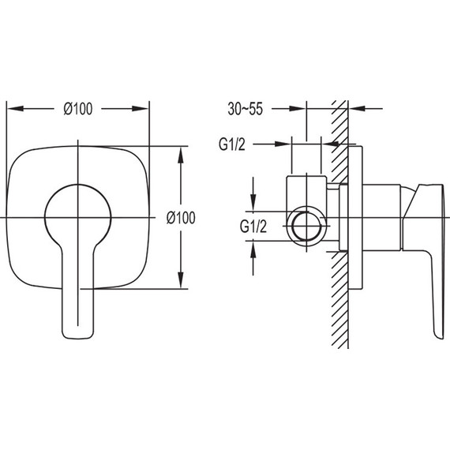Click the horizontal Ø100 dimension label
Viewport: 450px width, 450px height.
pos(78,109)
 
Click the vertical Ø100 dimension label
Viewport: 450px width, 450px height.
pos(181,218)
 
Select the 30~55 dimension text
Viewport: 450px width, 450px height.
pos(245,109)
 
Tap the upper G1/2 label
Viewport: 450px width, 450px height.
pos(232,144)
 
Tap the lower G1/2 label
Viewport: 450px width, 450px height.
pos(253,226)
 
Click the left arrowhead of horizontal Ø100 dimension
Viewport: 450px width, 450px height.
pos(15,109)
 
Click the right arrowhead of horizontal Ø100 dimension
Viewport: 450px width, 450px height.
pos(140,109)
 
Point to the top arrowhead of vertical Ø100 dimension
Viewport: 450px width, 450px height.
pos(181,156)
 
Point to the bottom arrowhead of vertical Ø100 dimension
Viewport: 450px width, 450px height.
pos(181,279)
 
